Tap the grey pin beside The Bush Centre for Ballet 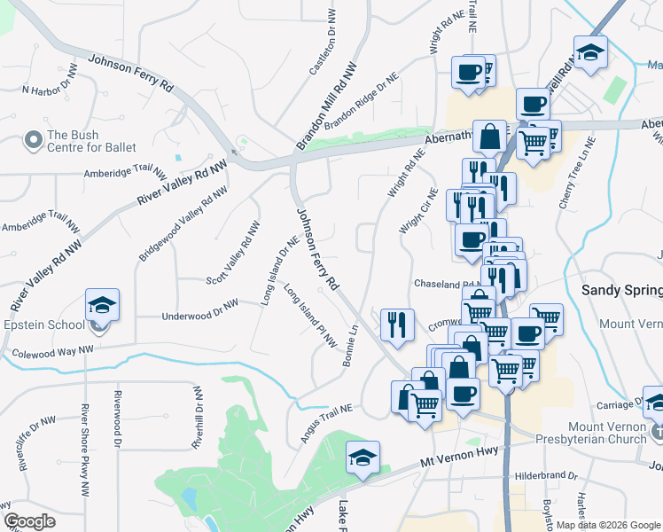tap(34, 140)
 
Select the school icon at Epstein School tap(102, 307)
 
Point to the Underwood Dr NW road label tap(199, 309)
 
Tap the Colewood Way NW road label tap(53, 352)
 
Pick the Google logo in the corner tap(29, 520)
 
